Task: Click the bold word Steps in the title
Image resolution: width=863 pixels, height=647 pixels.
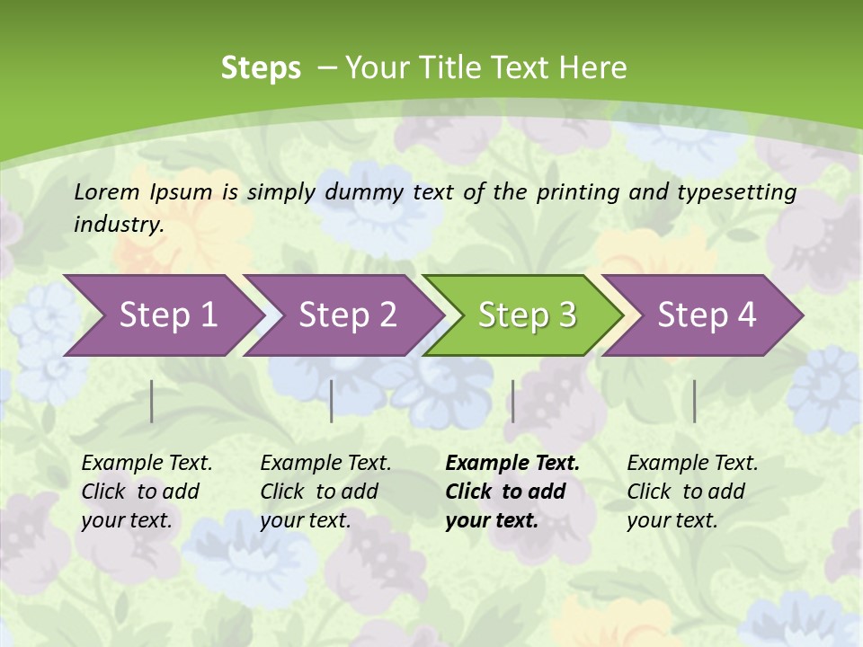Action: coord(261,67)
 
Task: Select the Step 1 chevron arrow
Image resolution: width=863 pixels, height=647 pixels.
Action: coord(162,315)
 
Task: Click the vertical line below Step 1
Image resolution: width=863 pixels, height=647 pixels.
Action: coord(152,401)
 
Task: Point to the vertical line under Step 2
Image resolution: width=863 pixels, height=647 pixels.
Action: coord(332,401)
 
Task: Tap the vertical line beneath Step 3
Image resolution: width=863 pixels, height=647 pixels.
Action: coord(512,401)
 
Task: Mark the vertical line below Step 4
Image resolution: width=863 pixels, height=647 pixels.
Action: coord(694,401)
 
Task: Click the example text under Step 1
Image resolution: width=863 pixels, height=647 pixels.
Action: coord(147,492)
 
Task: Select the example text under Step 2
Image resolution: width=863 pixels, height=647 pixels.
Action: coord(325,492)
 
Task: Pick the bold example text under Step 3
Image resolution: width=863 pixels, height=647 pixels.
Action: coord(512,492)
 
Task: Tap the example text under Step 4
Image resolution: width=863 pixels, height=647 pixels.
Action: coord(692,492)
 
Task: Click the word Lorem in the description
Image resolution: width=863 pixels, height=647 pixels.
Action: coord(107,191)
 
